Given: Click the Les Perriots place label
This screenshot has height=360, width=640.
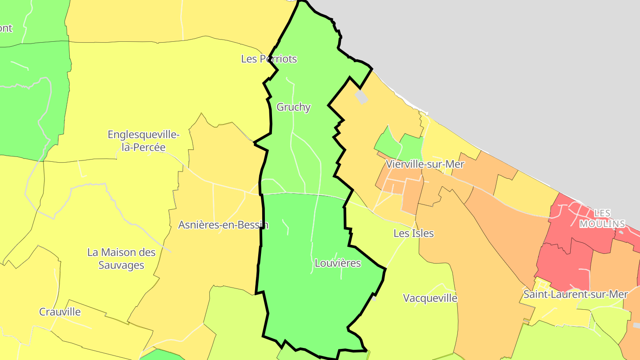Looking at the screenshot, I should [269, 59].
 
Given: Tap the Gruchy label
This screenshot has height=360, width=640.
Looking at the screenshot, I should [293, 107].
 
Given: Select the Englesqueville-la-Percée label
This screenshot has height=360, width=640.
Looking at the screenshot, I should [144, 140].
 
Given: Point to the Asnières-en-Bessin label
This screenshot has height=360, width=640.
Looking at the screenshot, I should [223, 225].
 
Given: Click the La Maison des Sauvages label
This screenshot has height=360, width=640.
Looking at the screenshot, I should [121, 259].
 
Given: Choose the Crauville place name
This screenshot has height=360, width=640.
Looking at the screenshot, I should [60, 312].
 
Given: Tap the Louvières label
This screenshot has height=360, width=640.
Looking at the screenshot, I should [338, 263].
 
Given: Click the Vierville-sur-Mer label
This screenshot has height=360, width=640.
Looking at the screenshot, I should [425, 164].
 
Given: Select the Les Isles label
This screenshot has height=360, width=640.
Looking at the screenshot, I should [413, 233].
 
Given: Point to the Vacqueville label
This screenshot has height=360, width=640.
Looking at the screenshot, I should [430, 298].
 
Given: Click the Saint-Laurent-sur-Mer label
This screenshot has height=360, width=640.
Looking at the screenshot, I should [576, 294].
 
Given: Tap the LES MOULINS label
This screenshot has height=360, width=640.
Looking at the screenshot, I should [602, 219].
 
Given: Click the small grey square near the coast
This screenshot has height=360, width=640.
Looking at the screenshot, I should [361, 97].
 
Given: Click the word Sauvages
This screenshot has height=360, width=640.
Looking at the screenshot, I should [121, 265].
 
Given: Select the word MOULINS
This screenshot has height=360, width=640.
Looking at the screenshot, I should [602, 224].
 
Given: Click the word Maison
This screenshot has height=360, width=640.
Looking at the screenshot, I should [121, 252].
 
